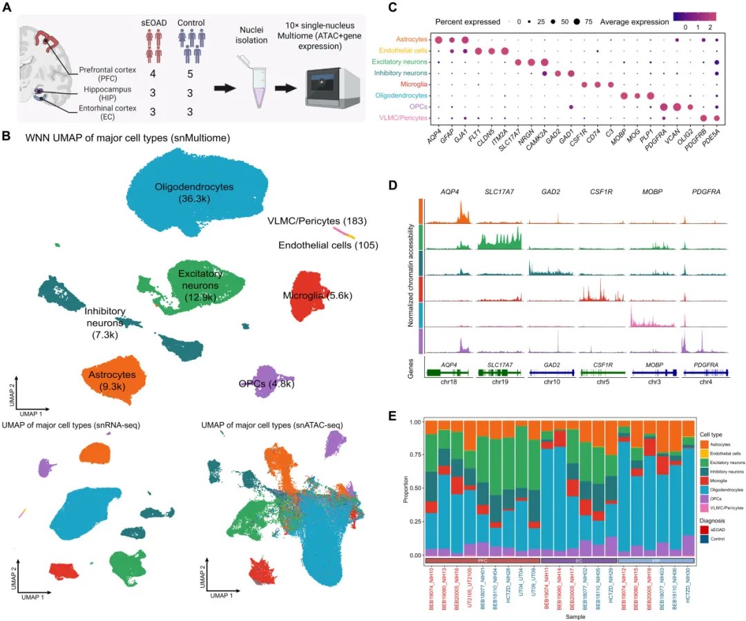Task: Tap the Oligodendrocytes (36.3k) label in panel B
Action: point(193,193)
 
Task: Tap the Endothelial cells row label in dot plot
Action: point(393,50)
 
